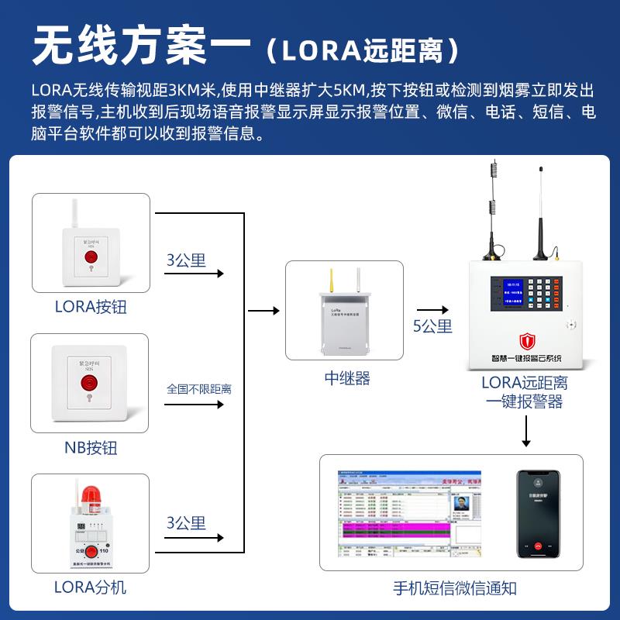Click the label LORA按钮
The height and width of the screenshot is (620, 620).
[x=91, y=307]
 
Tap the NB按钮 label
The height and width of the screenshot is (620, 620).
[x=91, y=448]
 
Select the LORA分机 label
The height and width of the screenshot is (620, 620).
[x=91, y=587]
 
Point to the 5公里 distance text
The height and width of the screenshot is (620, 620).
[x=432, y=326]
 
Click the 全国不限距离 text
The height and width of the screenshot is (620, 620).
[x=199, y=388]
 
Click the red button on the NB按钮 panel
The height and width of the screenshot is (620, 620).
[x=91, y=383]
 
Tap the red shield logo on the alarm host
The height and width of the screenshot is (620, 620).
[x=527, y=341]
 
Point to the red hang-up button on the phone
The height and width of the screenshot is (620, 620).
[x=537, y=545]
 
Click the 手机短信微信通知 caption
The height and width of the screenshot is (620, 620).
[x=454, y=588]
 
